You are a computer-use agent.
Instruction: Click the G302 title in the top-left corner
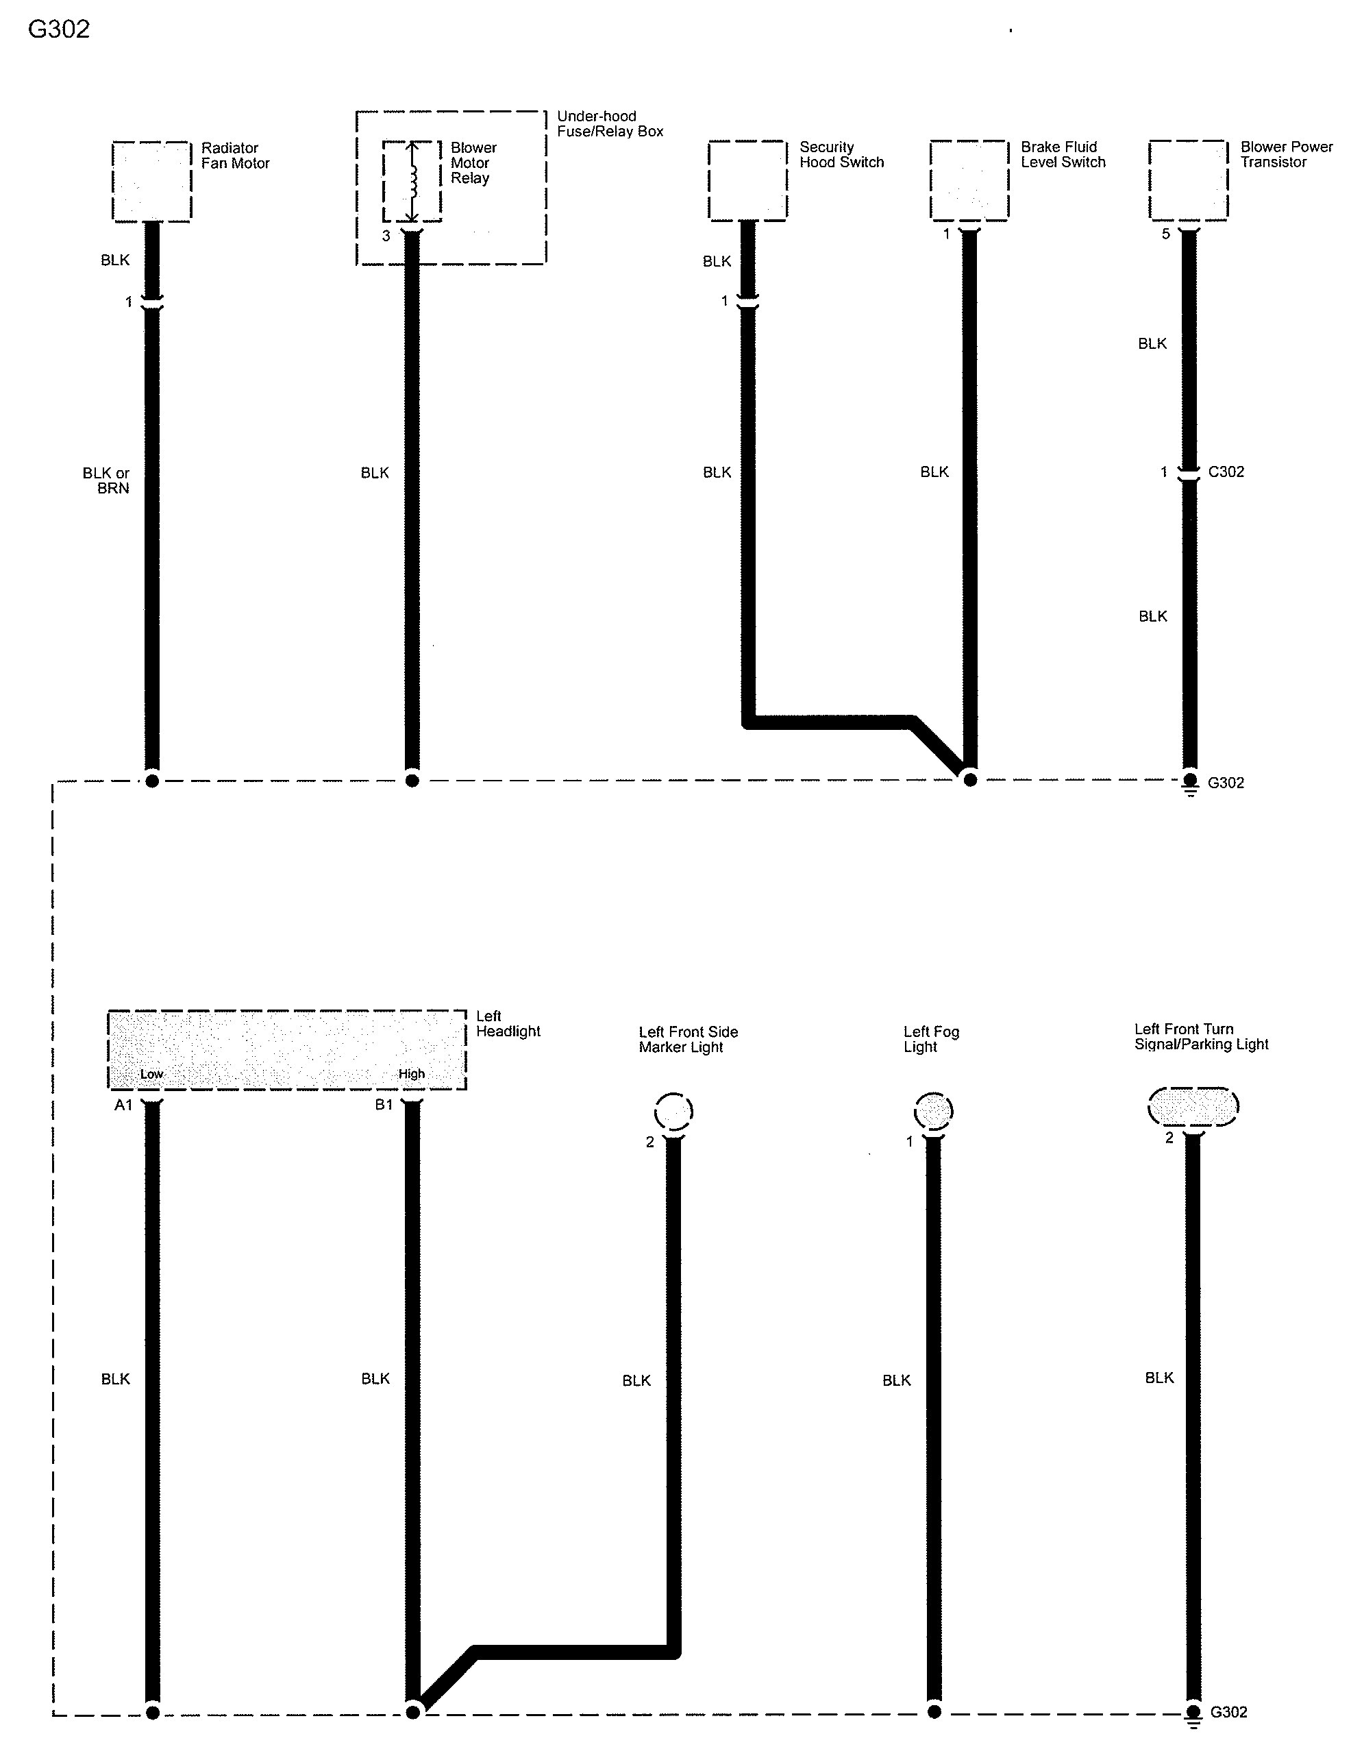point(59,29)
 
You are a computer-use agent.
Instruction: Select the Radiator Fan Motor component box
point(151,181)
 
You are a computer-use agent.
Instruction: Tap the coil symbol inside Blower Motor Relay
point(412,182)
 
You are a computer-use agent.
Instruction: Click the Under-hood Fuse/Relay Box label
point(610,124)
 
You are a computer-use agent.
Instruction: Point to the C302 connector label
point(1226,472)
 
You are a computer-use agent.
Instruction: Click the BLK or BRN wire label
point(106,480)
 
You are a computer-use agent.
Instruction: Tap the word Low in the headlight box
point(151,1074)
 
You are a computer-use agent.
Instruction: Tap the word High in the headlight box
point(412,1074)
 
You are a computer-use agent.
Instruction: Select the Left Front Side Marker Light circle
point(673,1112)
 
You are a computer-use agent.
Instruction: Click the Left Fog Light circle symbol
point(934,1112)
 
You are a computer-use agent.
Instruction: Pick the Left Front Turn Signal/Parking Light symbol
point(1193,1107)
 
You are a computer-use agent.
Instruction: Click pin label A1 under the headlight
point(123,1105)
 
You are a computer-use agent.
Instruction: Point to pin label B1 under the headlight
point(384,1105)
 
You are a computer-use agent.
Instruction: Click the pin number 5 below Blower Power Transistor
point(1166,234)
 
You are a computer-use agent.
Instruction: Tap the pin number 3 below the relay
point(386,236)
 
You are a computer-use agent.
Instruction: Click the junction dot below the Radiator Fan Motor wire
point(151,780)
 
